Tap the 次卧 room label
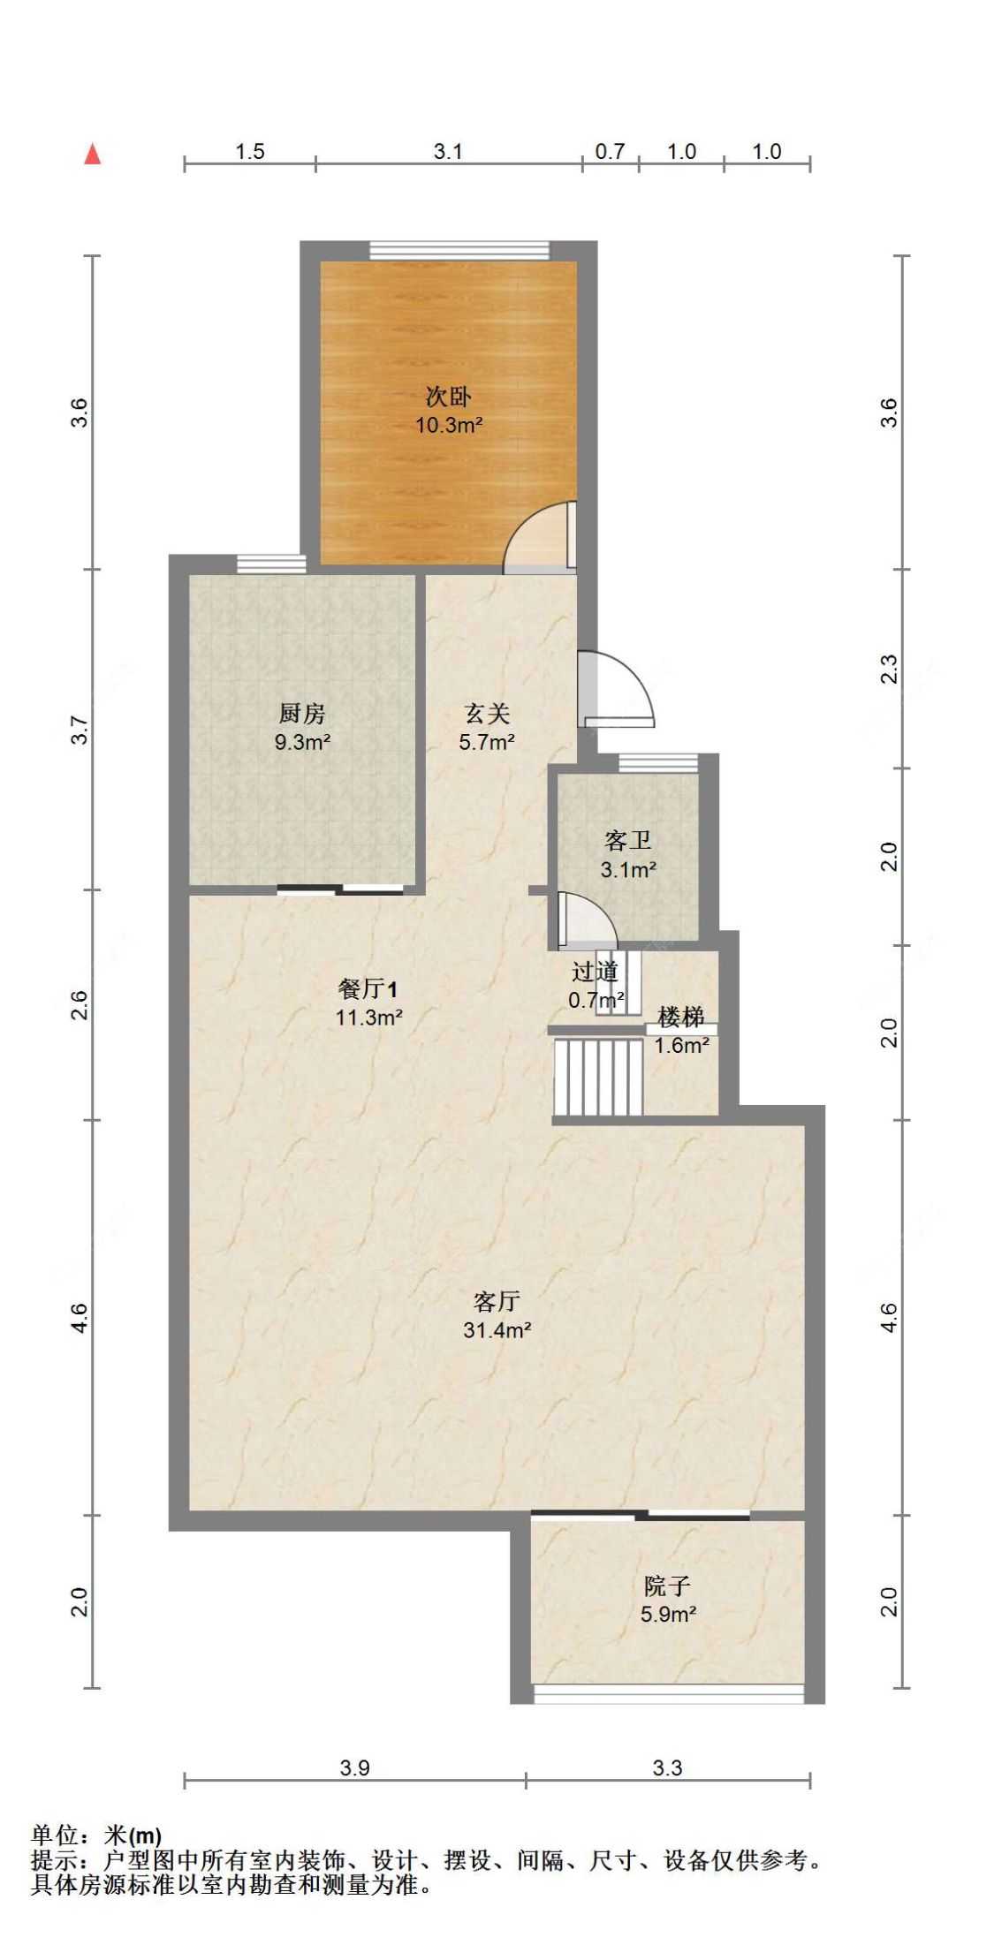click(448, 396)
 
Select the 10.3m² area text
click(448, 425)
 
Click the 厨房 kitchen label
click(301, 712)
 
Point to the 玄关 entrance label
click(486, 712)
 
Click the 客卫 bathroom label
click(627, 839)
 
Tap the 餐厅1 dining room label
click(368, 988)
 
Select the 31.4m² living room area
click(497, 1329)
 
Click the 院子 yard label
click(667, 1586)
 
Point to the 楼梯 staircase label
click(681, 1017)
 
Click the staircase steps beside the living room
click(598, 1077)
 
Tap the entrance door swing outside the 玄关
click(618, 689)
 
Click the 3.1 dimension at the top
click(448, 151)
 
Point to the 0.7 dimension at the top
click(610, 151)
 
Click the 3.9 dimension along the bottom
click(354, 1767)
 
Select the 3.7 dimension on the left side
click(80, 729)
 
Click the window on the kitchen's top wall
click(270, 563)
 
